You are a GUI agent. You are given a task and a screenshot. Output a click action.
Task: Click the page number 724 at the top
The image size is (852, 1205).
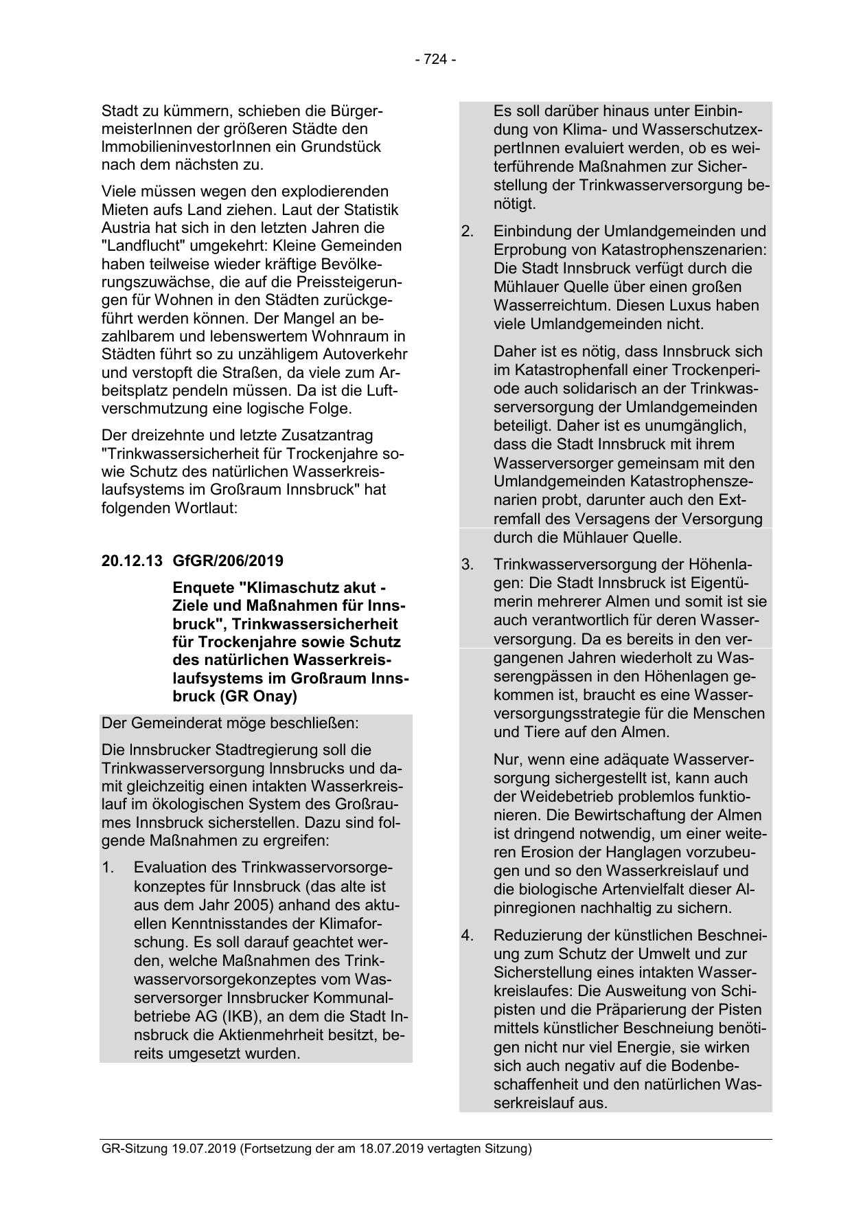pyautogui.click(x=435, y=60)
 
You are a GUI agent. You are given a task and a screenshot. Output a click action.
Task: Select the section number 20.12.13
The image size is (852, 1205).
pyautogui.click(x=132, y=561)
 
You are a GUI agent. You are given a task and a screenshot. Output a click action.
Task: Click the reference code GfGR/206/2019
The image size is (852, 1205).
pyautogui.click(x=228, y=561)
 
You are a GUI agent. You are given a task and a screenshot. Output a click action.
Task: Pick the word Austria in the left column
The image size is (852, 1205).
pyautogui.click(x=124, y=227)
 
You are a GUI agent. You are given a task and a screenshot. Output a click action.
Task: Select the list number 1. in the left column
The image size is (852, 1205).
pyautogui.click(x=108, y=868)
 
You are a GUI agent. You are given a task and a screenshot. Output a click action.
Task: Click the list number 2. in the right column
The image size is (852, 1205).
pyautogui.click(x=468, y=232)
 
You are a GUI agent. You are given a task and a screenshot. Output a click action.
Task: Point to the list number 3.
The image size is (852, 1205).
pyautogui.click(x=468, y=565)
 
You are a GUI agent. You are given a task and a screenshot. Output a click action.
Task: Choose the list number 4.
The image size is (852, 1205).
pyautogui.click(x=468, y=935)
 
